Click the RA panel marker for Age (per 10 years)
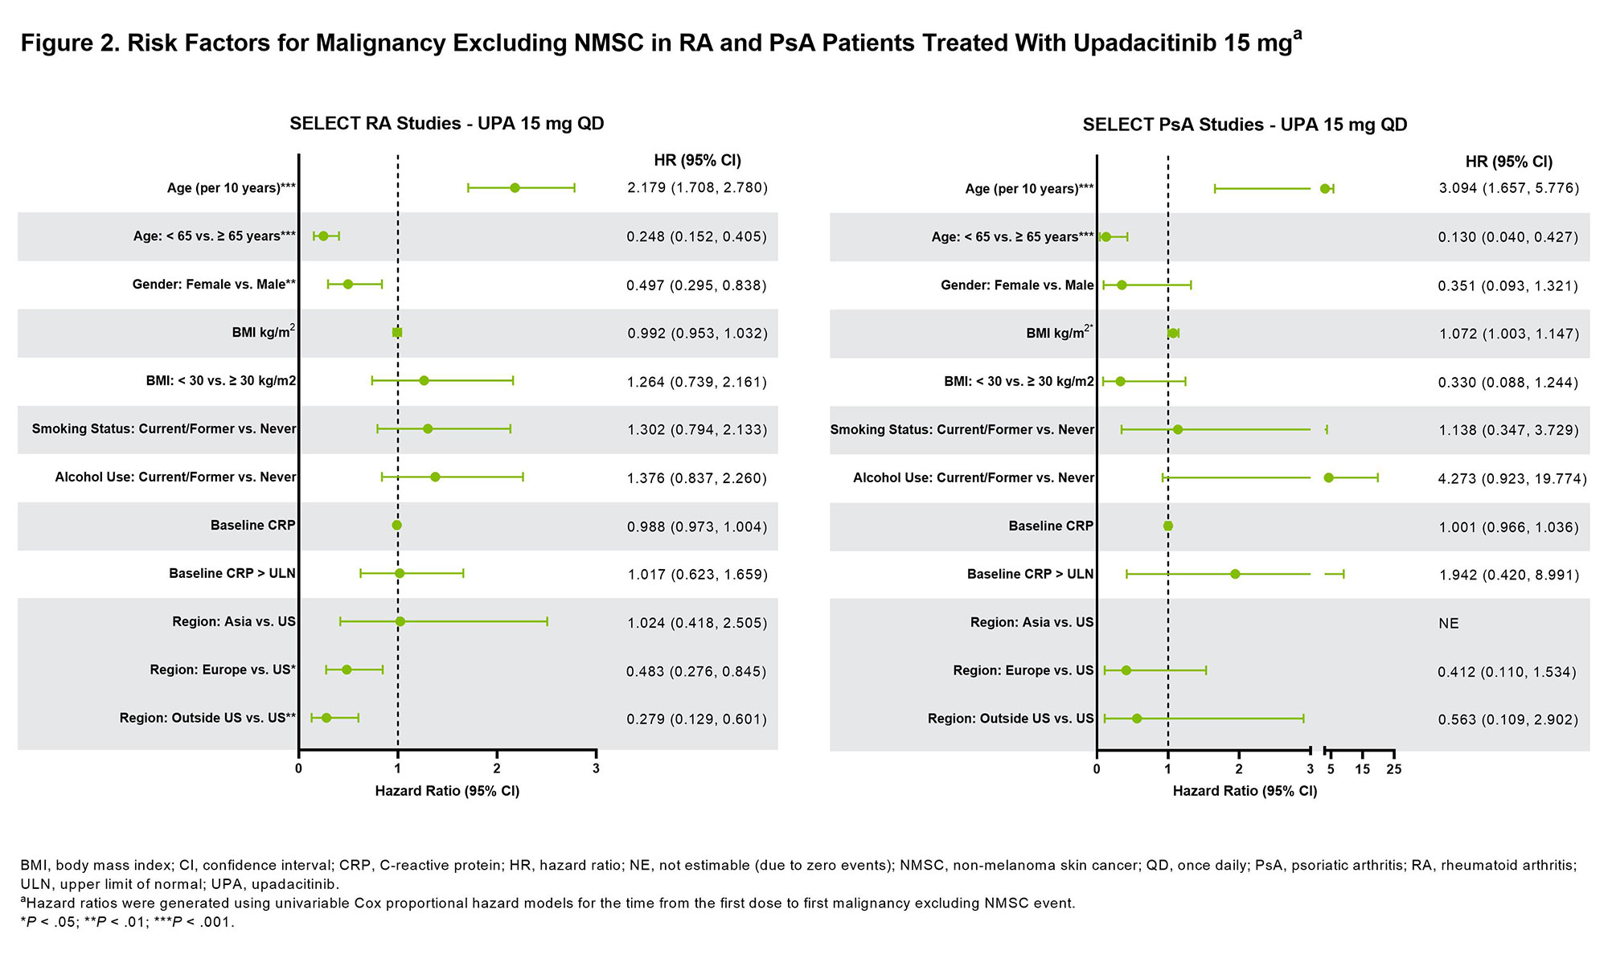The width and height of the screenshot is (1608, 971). (515, 188)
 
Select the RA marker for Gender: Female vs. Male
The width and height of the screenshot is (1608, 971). (348, 285)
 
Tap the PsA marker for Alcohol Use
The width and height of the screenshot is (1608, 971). (1328, 477)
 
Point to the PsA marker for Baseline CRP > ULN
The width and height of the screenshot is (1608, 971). (1235, 574)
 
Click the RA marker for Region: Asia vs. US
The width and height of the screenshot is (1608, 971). (400, 621)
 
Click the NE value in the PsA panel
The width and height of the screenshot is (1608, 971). (1448, 624)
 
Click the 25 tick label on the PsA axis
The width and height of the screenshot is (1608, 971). (1394, 770)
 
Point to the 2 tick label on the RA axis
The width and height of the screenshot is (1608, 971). (497, 768)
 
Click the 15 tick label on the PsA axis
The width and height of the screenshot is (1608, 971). (1362, 770)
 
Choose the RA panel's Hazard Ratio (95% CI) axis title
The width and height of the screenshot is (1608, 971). (447, 792)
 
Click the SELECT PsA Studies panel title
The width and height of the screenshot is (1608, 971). (1245, 125)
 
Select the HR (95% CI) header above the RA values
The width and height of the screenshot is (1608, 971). (697, 160)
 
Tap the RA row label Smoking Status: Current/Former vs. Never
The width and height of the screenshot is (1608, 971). (164, 429)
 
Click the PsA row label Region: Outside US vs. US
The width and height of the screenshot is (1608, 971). (1011, 719)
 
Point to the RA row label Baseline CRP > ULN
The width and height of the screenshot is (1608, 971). (232, 574)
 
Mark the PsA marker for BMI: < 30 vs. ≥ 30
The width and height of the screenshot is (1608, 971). (1120, 381)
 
